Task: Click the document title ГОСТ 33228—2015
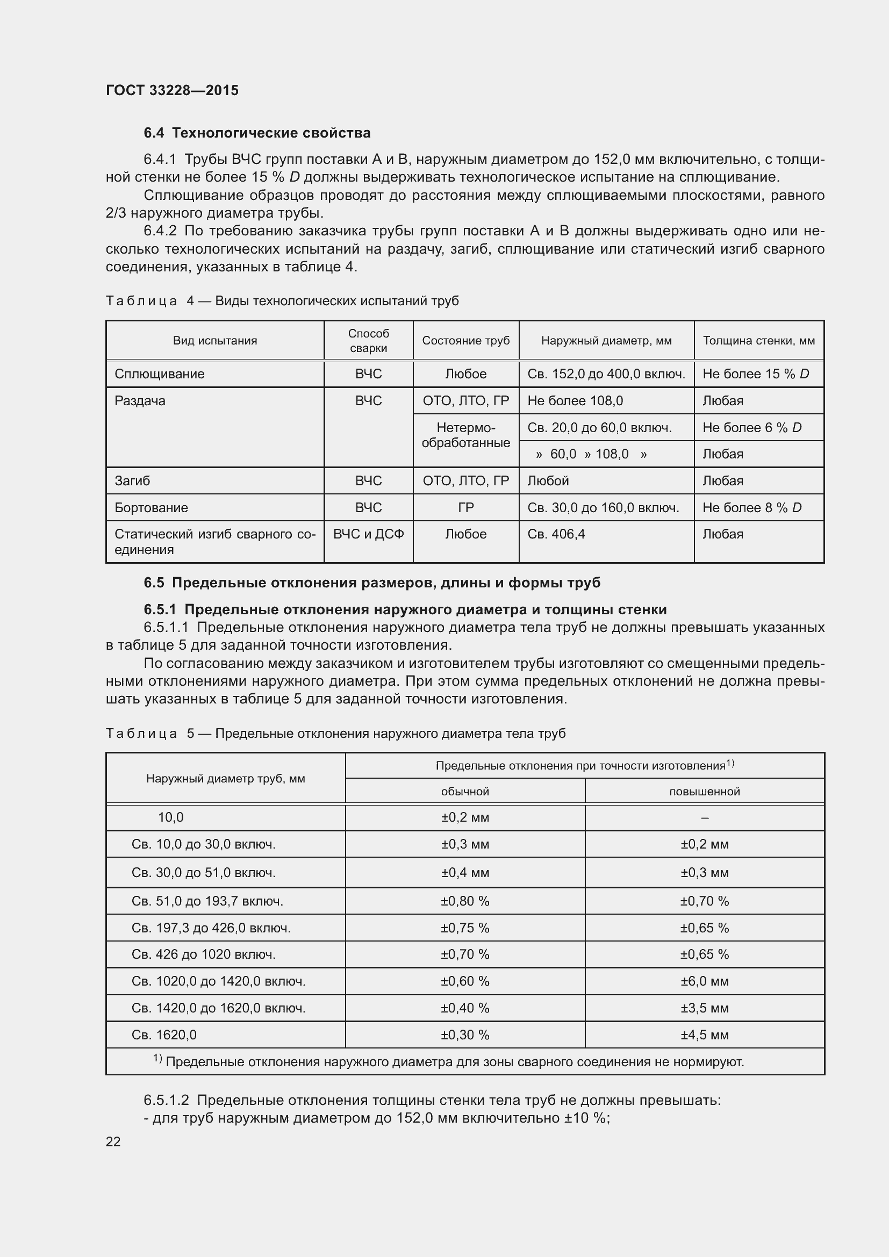[172, 90]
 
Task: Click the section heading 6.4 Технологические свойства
[257, 133]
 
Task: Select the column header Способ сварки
[368, 341]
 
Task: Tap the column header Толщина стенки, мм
[758, 341]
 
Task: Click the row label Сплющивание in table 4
[159, 374]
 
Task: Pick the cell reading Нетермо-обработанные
[465, 435]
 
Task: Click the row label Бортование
[151, 507]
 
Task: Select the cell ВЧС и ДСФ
[368, 534]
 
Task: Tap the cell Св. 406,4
[556, 534]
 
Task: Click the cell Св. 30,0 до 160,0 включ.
[603, 507]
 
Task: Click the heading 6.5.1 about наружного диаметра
[405, 609]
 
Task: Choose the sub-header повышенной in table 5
[704, 791]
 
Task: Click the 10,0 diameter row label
[170, 817]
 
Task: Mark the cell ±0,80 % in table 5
[465, 901]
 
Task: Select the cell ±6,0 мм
[704, 981]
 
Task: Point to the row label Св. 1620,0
[164, 1035]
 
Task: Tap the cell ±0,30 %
[465, 1035]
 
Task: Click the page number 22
[113, 1141]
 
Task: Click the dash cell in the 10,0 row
[704, 817]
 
